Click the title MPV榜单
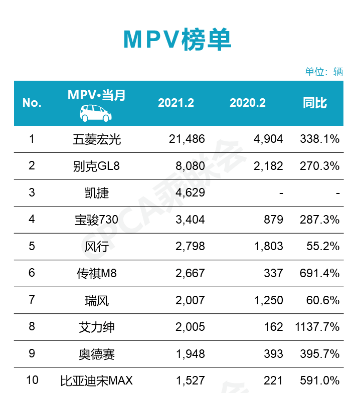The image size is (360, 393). click(x=177, y=40)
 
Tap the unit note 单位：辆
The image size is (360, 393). click(x=324, y=72)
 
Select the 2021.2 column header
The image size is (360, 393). click(x=176, y=103)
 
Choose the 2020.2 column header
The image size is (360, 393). click(x=248, y=103)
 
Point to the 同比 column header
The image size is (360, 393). click(x=315, y=103)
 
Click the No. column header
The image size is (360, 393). click(x=32, y=103)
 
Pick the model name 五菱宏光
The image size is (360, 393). click(x=97, y=139)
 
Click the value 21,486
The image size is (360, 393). click(x=187, y=139)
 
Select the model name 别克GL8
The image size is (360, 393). click(x=97, y=166)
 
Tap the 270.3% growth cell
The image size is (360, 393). click(x=319, y=166)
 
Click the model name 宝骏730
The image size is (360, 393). click(x=97, y=220)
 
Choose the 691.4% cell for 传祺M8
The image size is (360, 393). click(x=319, y=273)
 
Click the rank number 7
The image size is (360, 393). click(x=32, y=300)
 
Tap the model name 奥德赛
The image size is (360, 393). click(x=97, y=354)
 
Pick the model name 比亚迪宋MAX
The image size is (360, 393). click(x=97, y=380)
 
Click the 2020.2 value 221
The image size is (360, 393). click(x=274, y=380)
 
